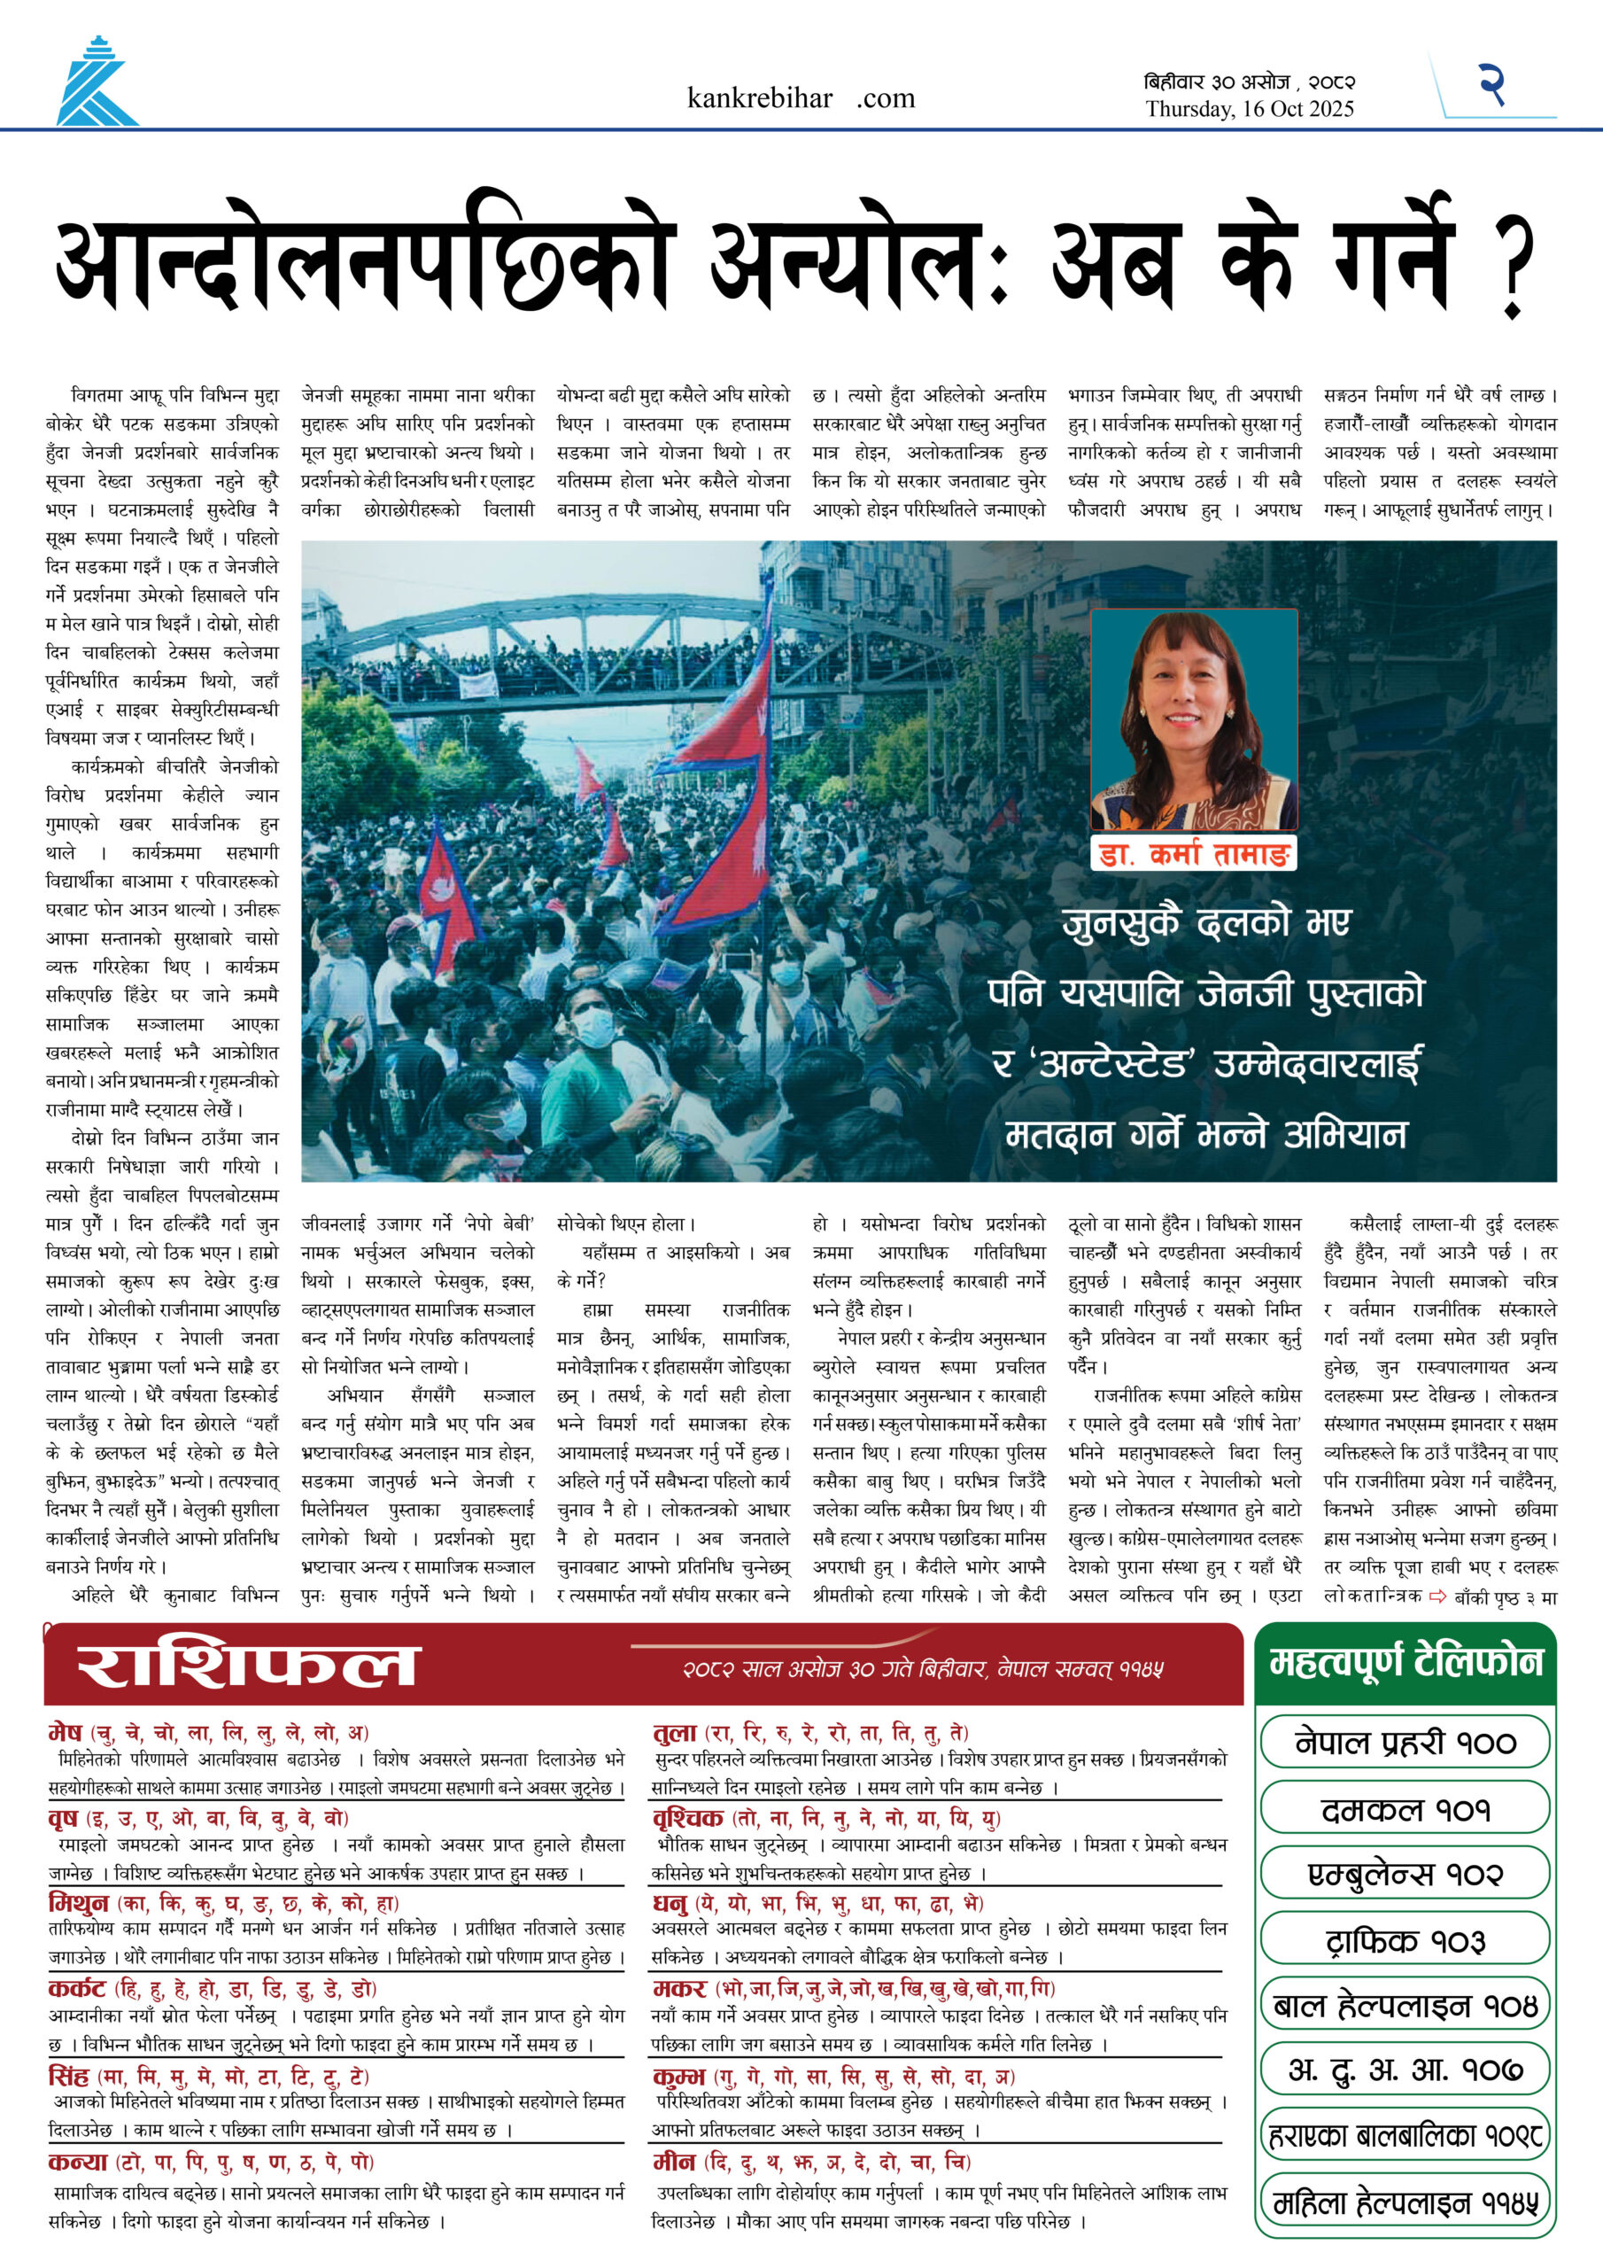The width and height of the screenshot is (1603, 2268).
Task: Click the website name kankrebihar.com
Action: click(800, 97)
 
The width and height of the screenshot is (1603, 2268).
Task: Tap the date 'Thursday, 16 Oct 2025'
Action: click(1250, 110)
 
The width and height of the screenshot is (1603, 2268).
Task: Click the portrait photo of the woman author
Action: click(1193, 719)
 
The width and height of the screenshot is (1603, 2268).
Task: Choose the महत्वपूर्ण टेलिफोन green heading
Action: click(1406, 1664)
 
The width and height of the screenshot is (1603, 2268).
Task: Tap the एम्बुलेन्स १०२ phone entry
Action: click(1406, 1874)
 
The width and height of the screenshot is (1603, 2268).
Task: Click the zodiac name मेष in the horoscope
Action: click(66, 1733)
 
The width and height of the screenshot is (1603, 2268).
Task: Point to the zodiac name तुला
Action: click(676, 1733)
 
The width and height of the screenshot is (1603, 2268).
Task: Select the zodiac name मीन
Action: click(675, 2163)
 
